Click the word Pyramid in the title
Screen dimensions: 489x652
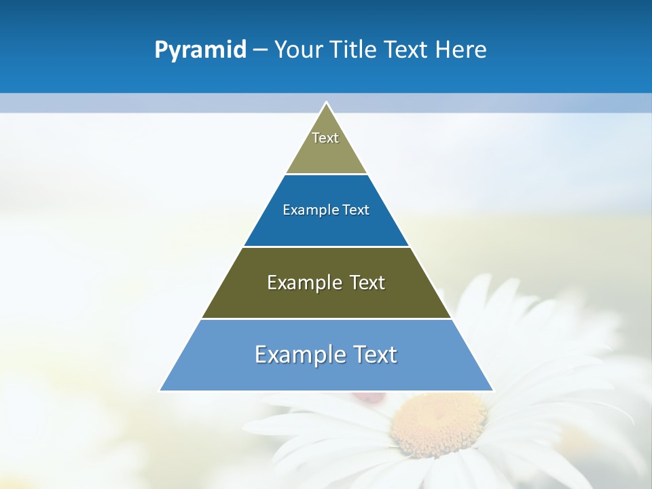pyautogui.click(x=200, y=50)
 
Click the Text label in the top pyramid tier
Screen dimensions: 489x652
pyautogui.click(x=325, y=138)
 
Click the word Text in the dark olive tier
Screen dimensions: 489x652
pyautogui.click(x=367, y=283)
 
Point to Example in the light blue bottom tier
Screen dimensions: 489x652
pyautogui.click(x=300, y=355)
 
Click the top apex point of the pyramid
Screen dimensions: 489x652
pyautogui.click(x=326, y=103)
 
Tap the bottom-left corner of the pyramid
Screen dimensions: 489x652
pyautogui.click(x=160, y=391)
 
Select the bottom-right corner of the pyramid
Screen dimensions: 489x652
pyautogui.click(x=492, y=391)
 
